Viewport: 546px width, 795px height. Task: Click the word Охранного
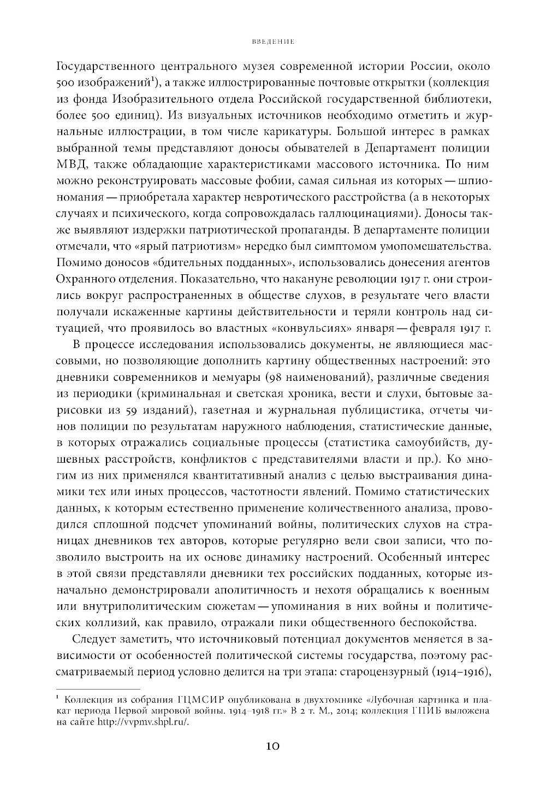pyautogui.click(x=91, y=280)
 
